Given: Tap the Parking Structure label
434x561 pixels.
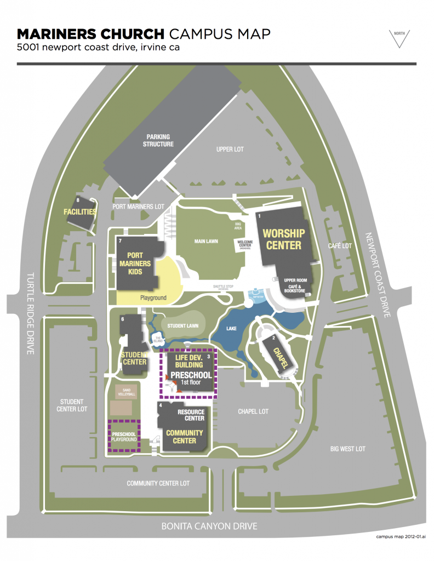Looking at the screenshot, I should click(x=158, y=140).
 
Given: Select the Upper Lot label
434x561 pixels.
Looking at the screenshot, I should click(x=230, y=149).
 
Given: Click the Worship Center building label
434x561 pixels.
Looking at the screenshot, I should click(x=284, y=239).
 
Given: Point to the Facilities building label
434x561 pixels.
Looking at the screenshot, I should click(x=80, y=211).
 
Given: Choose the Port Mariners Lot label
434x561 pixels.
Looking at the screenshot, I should click(x=138, y=207).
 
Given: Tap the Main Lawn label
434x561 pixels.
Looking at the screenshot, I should click(x=206, y=241).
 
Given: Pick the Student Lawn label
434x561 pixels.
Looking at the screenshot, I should click(x=182, y=326).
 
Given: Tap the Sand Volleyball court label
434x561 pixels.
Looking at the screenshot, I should click(x=124, y=392).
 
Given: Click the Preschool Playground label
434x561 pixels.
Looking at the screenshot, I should click(x=124, y=436).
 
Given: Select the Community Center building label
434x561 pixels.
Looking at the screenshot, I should click(x=184, y=436).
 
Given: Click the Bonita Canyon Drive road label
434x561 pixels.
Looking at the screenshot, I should click(x=209, y=526).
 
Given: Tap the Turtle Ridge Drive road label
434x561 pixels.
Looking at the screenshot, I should click(x=30, y=313).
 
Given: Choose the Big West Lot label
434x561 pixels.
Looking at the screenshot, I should click(x=347, y=449).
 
